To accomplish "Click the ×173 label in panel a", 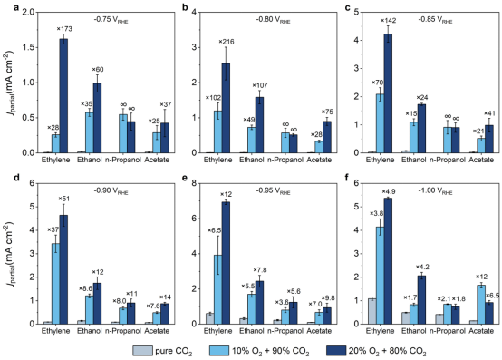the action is [64, 29].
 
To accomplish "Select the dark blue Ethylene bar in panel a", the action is [64, 96].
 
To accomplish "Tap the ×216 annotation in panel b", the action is [227, 42].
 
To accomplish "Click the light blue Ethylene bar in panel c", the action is [380, 123].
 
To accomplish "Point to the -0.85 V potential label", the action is [435, 20].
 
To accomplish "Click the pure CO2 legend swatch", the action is [142, 351].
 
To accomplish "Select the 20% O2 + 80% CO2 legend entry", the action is [376, 351].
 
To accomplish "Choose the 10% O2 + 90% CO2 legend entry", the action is [259, 351].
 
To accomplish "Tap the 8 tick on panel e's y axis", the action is [192, 183].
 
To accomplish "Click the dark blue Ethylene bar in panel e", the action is [226, 263].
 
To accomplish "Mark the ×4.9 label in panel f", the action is [389, 191].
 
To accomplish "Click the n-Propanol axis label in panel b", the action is [285, 160].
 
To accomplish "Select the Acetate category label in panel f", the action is [481, 331].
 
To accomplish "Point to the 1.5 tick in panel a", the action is [30, 47].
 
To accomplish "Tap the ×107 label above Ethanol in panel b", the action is [260, 85].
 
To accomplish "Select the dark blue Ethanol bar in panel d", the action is [97, 303].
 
